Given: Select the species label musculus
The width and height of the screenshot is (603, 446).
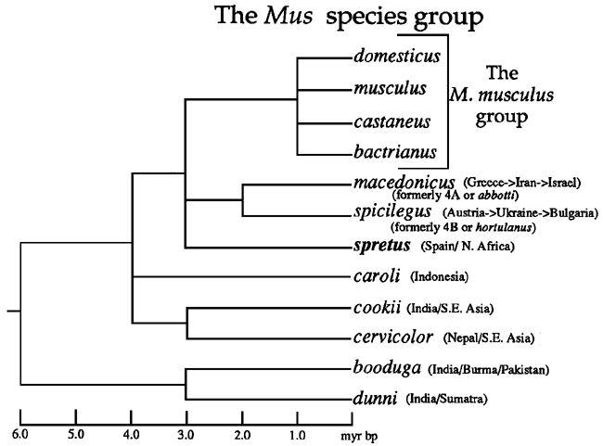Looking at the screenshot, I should click(x=389, y=89).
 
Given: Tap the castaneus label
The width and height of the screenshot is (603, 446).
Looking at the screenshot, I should click(x=391, y=121).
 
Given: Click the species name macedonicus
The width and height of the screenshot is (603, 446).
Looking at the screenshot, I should click(x=403, y=180).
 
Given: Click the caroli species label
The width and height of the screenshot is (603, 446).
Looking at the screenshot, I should click(x=377, y=275).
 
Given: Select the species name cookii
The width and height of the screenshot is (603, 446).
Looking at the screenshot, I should click(x=377, y=308).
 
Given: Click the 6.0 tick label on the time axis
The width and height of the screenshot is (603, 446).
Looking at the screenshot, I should click(x=20, y=432).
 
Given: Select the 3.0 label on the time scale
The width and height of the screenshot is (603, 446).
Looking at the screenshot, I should click(x=186, y=432).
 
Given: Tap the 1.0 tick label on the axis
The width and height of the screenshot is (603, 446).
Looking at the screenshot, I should click(x=297, y=432).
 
